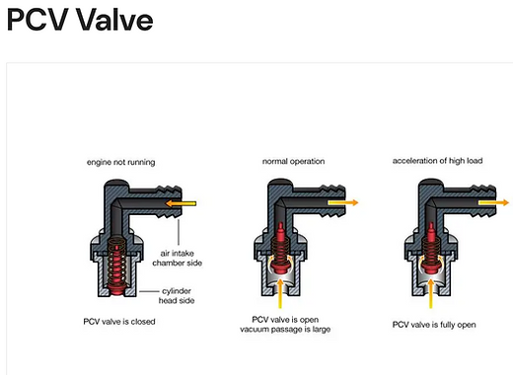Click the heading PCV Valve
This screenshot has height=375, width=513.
click(x=80, y=20)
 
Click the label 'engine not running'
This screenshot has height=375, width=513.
click(x=120, y=162)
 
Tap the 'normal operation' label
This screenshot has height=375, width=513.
click(x=293, y=161)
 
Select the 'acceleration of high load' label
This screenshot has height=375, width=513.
click(x=437, y=161)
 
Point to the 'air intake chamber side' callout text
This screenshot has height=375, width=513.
click(x=177, y=259)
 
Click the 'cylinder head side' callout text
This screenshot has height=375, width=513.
click(x=177, y=296)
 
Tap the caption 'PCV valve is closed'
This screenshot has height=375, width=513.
click(x=119, y=322)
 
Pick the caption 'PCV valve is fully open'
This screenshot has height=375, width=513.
click(x=434, y=325)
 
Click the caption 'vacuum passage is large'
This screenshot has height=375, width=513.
click(x=285, y=330)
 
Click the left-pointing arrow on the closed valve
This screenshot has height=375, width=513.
click(x=181, y=203)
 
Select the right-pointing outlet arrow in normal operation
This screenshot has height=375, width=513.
click(x=343, y=202)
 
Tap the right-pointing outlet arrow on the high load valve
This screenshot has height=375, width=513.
click(x=493, y=202)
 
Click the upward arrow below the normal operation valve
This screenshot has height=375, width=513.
click(x=280, y=293)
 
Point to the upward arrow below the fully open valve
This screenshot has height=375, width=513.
click(x=430, y=293)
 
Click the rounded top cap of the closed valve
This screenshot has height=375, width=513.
click(x=116, y=183)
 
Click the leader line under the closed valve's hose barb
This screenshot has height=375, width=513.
click(x=179, y=232)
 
